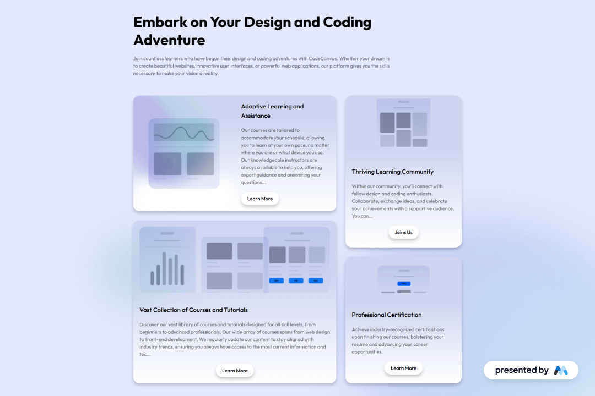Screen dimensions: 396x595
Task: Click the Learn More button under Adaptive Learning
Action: click(260, 199)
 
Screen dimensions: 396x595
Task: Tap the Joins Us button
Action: click(403, 232)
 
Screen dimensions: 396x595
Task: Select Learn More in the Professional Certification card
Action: click(403, 368)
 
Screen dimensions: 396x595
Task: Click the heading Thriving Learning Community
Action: click(392, 172)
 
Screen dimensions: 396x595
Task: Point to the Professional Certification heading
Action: click(386, 315)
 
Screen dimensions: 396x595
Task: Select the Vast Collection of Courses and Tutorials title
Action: click(193, 310)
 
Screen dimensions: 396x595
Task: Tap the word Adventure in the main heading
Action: click(169, 40)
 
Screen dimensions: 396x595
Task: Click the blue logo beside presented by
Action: click(561, 370)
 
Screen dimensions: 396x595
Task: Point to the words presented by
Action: click(521, 370)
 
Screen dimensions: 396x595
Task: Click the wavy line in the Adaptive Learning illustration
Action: click(183, 133)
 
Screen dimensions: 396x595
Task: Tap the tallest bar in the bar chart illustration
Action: click(164, 268)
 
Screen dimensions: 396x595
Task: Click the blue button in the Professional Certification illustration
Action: click(404, 283)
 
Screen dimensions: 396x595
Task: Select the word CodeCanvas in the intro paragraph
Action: click(323, 58)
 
